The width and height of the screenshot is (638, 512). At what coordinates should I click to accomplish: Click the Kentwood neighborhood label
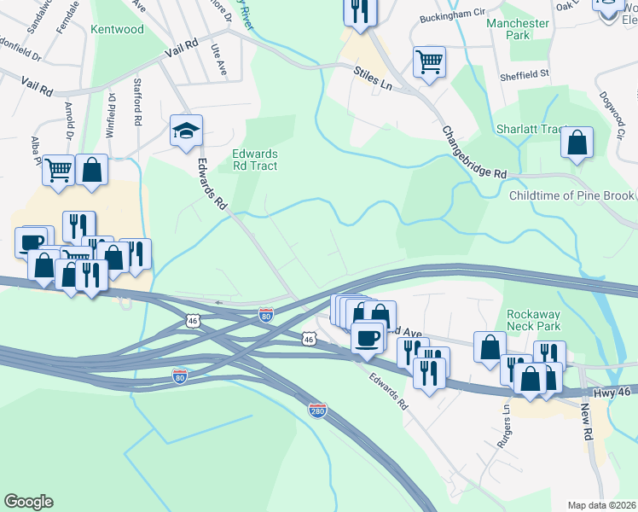click(x=117, y=29)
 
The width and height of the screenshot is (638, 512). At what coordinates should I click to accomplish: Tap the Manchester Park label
click(x=518, y=29)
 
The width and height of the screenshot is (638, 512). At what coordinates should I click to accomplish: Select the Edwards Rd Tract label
click(x=255, y=160)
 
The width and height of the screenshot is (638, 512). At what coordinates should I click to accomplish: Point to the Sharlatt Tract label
click(x=531, y=130)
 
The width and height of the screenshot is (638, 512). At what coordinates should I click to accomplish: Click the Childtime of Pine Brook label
click(x=571, y=196)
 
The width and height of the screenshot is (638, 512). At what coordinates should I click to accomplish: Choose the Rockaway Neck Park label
click(x=533, y=320)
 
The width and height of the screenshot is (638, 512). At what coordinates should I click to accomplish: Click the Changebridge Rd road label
click(x=473, y=152)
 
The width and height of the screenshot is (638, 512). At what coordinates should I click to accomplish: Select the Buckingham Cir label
click(x=451, y=16)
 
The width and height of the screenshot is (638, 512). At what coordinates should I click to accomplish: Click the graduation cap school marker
click(x=186, y=131)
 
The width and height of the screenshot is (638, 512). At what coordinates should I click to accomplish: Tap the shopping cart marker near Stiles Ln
click(x=429, y=61)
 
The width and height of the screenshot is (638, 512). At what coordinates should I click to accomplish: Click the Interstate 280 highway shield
click(x=317, y=410)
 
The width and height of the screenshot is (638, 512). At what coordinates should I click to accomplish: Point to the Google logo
click(x=28, y=502)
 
